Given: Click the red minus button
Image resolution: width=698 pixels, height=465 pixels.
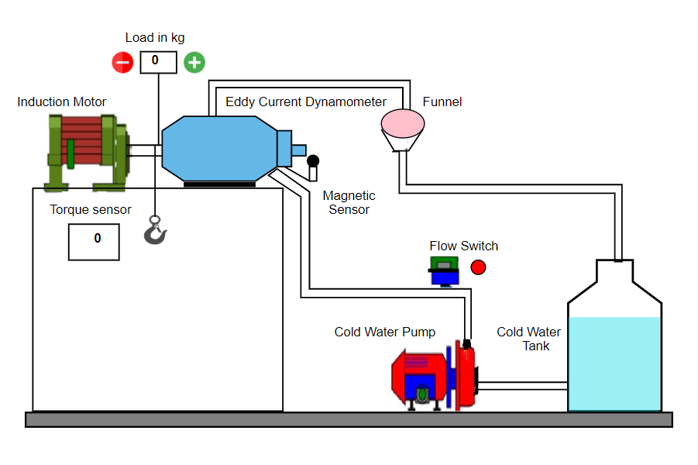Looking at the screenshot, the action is pos(122,62).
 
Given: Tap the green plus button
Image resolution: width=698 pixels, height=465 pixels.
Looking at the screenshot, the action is pos(194,62).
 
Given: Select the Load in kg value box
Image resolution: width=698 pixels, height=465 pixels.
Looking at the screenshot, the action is pos(159,62).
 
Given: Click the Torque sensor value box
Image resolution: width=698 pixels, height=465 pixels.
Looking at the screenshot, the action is pos(94,242).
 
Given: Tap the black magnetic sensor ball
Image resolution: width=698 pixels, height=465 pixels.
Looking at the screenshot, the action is pos(313,160).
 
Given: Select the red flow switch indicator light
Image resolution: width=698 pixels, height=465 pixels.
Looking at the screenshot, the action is pos(478,267).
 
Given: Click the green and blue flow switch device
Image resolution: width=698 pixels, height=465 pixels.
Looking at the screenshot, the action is pos(444,271).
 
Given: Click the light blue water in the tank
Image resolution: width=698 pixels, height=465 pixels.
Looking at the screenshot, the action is pos(614,363).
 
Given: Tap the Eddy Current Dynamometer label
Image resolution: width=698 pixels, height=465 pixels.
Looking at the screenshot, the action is pos(306,102).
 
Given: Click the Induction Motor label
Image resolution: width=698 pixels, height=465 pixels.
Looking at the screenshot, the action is pos(62,102).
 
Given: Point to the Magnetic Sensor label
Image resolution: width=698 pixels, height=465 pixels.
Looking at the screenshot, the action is pos(349,202).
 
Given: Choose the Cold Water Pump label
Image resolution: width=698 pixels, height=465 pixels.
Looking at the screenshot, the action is pos(384,332).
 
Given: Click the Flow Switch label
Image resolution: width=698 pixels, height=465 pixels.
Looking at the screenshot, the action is pos(463,246).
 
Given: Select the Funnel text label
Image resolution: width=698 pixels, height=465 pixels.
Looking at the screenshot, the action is pos(442,102).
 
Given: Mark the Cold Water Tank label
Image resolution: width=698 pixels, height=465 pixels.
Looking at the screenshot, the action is pos(529,339).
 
